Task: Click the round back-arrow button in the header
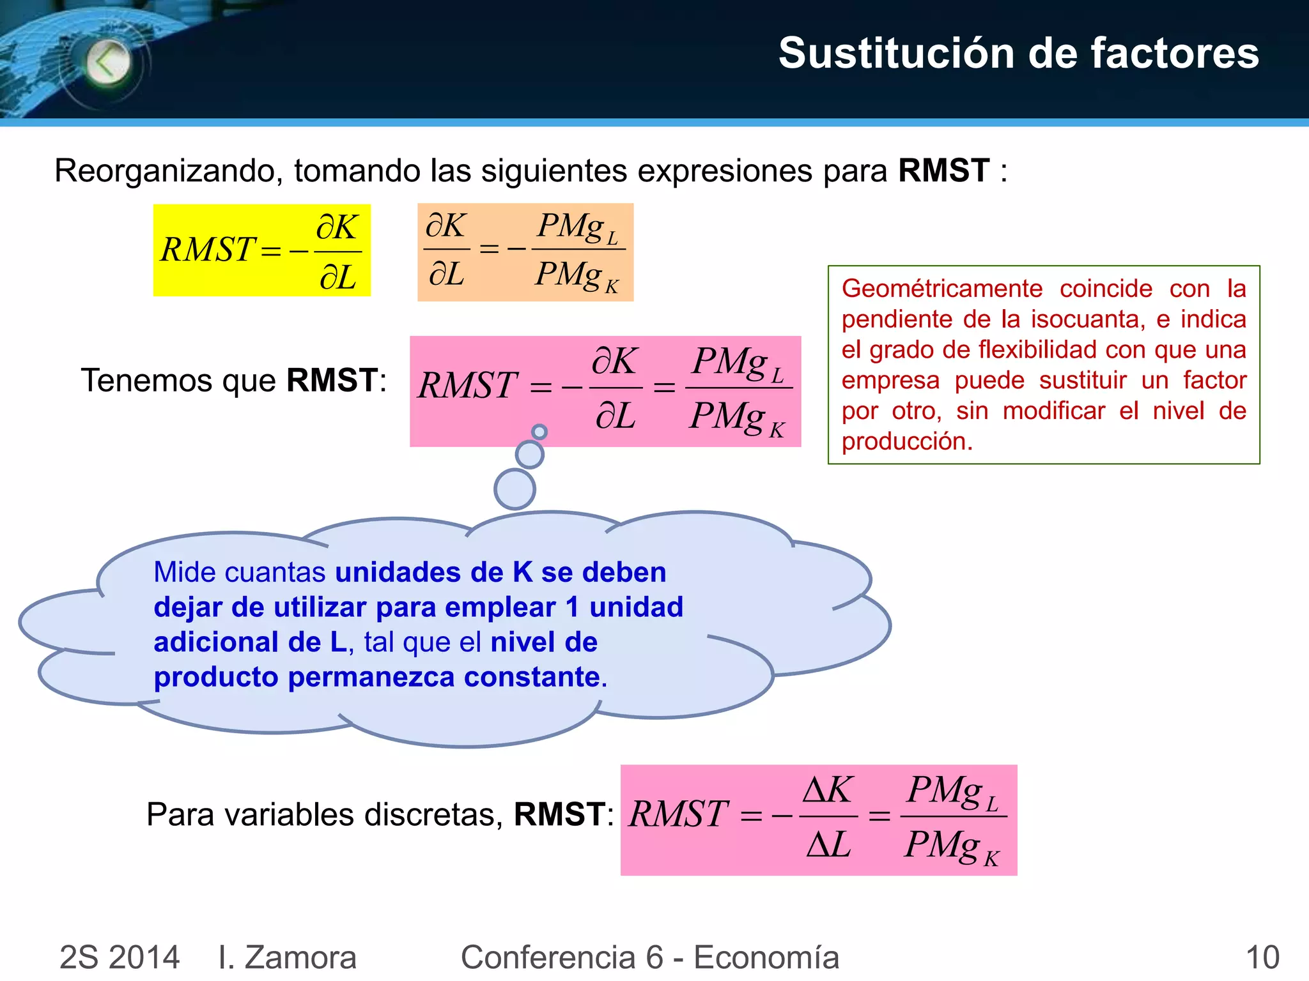pyautogui.click(x=109, y=63)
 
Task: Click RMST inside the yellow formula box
pyautogui.click(x=207, y=250)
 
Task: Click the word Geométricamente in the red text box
pyautogui.click(x=941, y=289)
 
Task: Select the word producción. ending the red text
pyautogui.click(x=906, y=441)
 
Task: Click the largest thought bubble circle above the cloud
pyautogui.click(x=515, y=489)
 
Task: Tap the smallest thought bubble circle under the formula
pyautogui.click(x=539, y=432)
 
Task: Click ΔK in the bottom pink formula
pyautogui.click(x=827, y=790)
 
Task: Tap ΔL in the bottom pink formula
pyautogui.click(x=828, y=845)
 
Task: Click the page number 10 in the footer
pyautogui.click(x=1262, y=957)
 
